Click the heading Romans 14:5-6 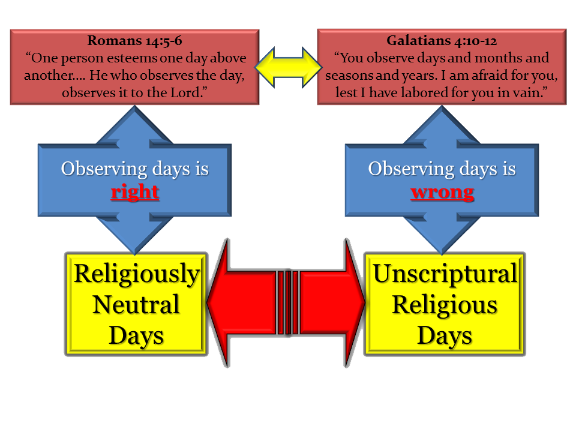click(x=134, y=41)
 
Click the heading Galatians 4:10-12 click(x=442, y=41)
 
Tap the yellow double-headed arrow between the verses click(x=289, y=68)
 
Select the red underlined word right click(x=135, y=192)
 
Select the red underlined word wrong click(x=442, y=193)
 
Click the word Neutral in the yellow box click(x=136, y=305)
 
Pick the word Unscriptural click(x=445, y=274)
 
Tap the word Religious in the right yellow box click(x=445, y=305)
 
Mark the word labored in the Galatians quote click(x=425, y=92)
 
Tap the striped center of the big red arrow click(x=288, y=302)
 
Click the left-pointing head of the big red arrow click(x=218, y=302)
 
